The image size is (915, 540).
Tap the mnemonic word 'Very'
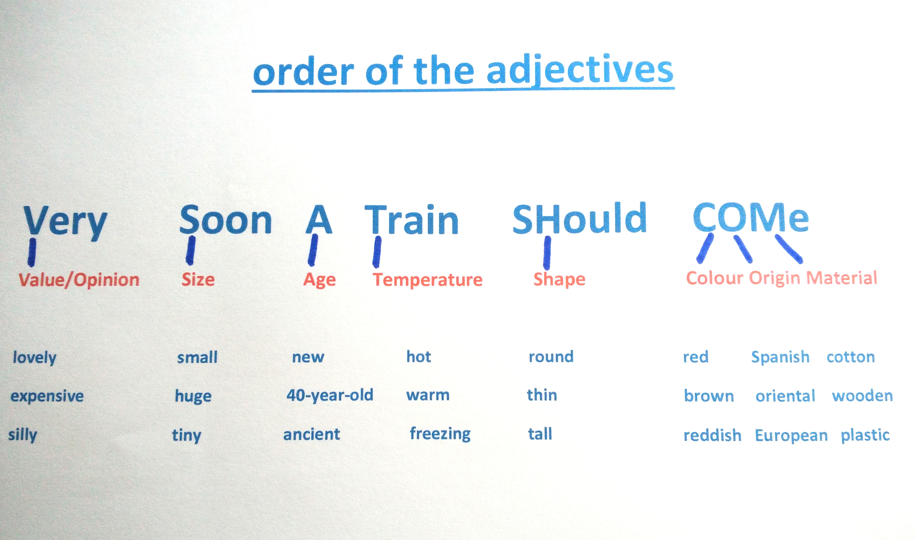65,222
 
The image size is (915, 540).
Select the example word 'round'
551,356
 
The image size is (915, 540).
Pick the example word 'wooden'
862,395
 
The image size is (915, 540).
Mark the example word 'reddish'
712,435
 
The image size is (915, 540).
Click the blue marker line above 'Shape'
547,253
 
